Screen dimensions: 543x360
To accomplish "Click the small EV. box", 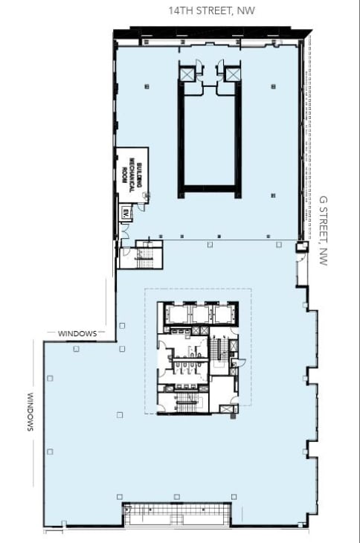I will click(124, 213).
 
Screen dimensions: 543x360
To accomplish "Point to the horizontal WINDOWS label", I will click(77, 333).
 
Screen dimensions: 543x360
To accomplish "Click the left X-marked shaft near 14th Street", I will click(186, 74).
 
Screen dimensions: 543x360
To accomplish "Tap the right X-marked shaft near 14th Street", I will click(233, 74).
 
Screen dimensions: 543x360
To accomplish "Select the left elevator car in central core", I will click(177, 314).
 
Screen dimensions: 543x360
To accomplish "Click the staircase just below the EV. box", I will click(144, 257).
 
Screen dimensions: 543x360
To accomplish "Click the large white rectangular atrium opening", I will click(209, 133).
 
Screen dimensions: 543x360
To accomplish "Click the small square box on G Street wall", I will click(301, 248).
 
